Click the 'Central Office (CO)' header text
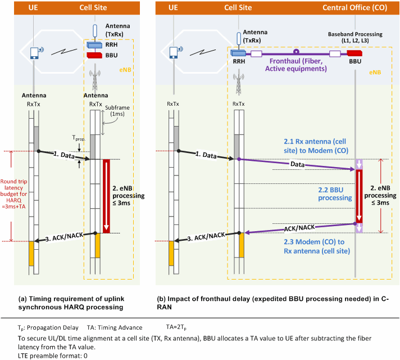pyautogui.click(x=354, y=8)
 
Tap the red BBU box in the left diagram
pyautogui.click(x=94, y=55)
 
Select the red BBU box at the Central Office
pyautogui.click(x=354, y=53)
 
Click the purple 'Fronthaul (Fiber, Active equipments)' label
pyautogui.click(x=296, y=65)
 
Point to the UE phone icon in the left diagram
pyautogui.click(x=34, y=53)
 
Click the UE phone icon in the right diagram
pyautogui.click(x=174, y=52)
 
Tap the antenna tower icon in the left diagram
pyautogui.click(x=95, y=80)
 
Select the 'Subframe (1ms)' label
pyautogui.click(x=117, y=111)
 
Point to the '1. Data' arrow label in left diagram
pyautogui.click(x=64, y=155)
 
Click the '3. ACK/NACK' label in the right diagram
pyautogui.click(x=206, y=237)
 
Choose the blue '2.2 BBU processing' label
pyautogui.click(x=335, y=193)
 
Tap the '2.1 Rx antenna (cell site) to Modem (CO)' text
pyautogui.click(x=316, y=146)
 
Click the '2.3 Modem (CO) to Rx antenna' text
pyautogui.click(x=317, y=246)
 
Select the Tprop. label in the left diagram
pyautogui.click(x=79, y=138)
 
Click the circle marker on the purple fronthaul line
pyautogui.click(x=296, y=52)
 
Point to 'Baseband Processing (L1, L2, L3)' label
pyautogui.click(x=355, y=37)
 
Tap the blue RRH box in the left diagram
pyautogui.click(x=94, y=45)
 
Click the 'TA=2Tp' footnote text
pyautogui.click(x=176, y=327)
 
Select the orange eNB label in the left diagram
pyautogui.click(x=125, y=70)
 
